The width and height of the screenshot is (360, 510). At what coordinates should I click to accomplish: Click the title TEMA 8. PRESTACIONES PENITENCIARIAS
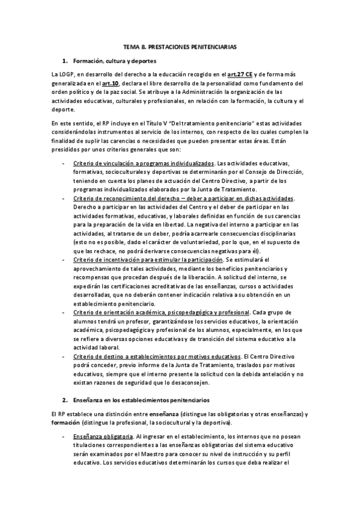[x=180, y=46]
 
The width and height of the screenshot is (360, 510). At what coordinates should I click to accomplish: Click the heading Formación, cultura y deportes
[x=114, y=61]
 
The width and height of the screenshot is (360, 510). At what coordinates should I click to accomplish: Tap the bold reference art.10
[x=100, y=83]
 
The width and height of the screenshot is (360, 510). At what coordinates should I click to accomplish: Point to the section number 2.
[x=65, y=399]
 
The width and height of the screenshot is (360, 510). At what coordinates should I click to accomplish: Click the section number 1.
[x=64, y=61]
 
